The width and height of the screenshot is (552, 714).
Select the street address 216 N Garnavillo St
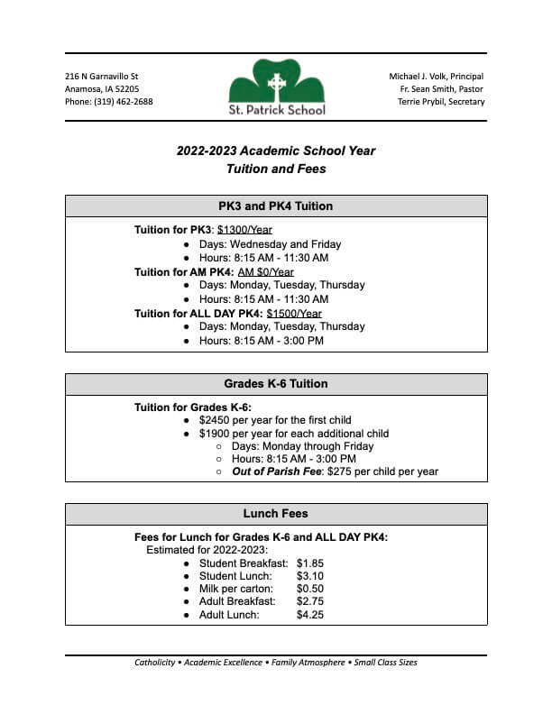click(x=101, y=77)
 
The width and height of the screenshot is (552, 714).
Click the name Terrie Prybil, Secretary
click(x=441, y=102)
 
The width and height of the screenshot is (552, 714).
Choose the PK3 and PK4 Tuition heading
click(x=276, y=206)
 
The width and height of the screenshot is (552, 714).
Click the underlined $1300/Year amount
click(x=244, y=230)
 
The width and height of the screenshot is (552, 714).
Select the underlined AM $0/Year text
click(x=265, y=271)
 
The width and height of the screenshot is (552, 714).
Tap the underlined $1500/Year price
click(x=294, y=314)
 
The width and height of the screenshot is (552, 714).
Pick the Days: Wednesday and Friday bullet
click(x=270, y=244)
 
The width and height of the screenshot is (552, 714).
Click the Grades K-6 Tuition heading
click(x=276, y=384)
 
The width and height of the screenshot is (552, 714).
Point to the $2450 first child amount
click(x=215, y=420)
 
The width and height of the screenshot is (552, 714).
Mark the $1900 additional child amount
click(x=215, y=434)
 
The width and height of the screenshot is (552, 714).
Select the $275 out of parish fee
click(x=341, y=471)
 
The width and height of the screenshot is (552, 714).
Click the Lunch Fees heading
click(x=276, y=514)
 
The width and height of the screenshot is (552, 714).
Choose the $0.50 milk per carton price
click(x=309, y=589)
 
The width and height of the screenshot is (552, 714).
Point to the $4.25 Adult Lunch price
click(x=309, y=615)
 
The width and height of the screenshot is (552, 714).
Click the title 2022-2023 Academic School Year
click(x=276, y=151)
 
